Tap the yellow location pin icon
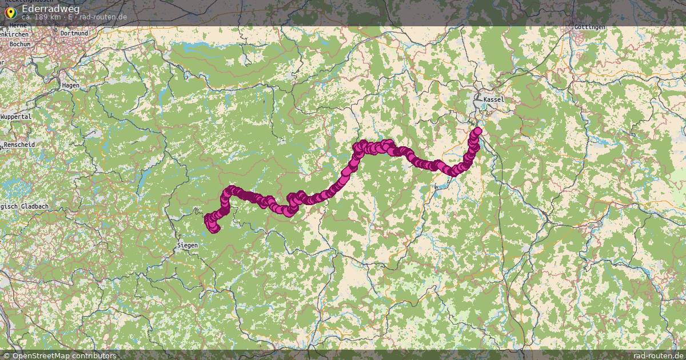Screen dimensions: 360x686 (10, 12)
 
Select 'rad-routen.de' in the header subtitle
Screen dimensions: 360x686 (103, 17)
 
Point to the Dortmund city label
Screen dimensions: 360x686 (74, 34)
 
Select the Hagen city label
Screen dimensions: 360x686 (70, 85)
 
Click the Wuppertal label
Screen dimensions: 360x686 (16, 117)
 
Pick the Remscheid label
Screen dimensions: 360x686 (19, 145)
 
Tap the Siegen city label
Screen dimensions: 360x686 (187, 245)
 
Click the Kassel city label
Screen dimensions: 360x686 (493, 99)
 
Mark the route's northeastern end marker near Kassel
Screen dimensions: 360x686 (477, 131)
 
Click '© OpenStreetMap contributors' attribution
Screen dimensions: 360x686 (59, 355)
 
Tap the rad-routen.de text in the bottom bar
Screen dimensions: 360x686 (659, 355)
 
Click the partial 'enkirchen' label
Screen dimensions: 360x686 (14, 34)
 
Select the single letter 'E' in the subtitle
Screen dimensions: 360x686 (70, 17)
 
